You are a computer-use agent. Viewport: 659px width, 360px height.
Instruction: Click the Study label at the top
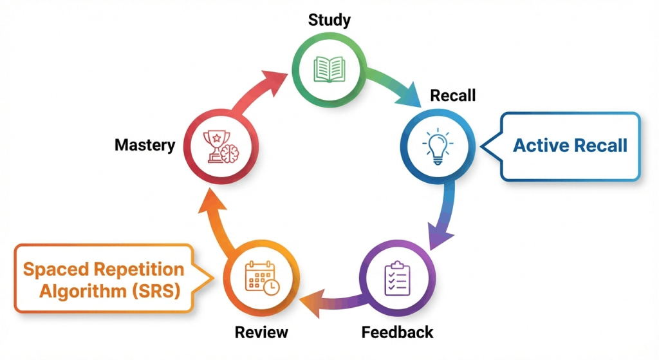[x=329, y=20]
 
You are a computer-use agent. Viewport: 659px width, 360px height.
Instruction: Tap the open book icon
[x=329, y=68]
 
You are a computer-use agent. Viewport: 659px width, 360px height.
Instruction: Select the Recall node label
[x=452, y=96]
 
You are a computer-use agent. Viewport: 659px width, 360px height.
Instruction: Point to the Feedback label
[x=397, y=332]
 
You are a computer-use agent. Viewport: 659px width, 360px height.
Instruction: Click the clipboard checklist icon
[x=396, y=278]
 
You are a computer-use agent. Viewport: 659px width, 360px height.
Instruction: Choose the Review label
[x=261, y=332]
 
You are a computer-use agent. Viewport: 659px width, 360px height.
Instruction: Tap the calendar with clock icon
[x=261, y=278]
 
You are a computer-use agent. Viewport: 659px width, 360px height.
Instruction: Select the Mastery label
[x=145, y=145]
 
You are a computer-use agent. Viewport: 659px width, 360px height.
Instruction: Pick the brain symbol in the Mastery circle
[x=228, y=152]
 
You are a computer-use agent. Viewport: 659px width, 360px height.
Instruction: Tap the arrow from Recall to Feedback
[x=445, y=213]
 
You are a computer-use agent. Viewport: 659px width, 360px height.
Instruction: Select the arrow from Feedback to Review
[x=328, y=298]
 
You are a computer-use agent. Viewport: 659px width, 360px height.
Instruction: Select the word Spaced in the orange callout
[x=55, y=269]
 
